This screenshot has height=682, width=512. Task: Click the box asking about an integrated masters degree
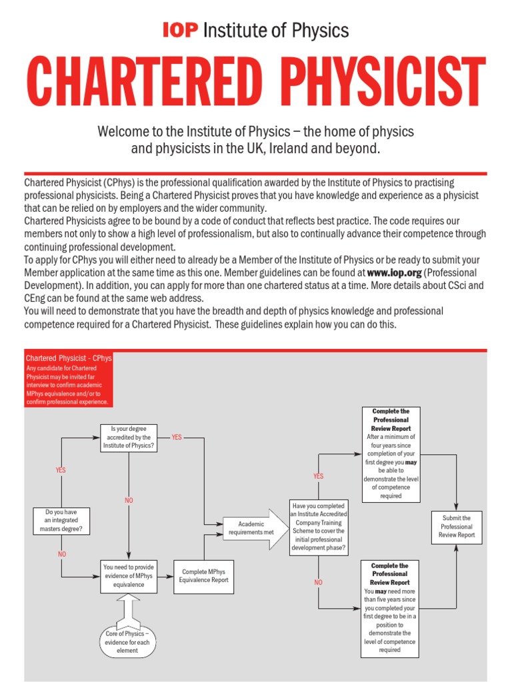point(61,520)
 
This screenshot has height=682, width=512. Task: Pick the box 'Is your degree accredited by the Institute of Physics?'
point(129,438)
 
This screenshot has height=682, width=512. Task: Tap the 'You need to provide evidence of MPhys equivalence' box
point(129,576)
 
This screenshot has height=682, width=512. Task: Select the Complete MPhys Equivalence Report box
point(203,576)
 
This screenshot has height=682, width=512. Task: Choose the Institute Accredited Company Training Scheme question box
point(319,526)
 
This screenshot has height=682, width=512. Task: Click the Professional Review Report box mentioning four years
point(391,453)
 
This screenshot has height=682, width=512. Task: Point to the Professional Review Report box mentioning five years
point(391,607)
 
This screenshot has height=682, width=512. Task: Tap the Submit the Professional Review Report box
point(457,526)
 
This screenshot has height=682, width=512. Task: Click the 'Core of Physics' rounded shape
point(127,641)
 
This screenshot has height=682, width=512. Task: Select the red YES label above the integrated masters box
point(61,470)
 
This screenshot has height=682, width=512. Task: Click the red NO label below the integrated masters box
point(61,553)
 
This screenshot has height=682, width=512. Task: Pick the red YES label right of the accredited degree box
point(177,437)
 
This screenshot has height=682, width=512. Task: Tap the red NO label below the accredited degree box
point(129,500)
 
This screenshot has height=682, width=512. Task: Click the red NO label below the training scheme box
point(318,581)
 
